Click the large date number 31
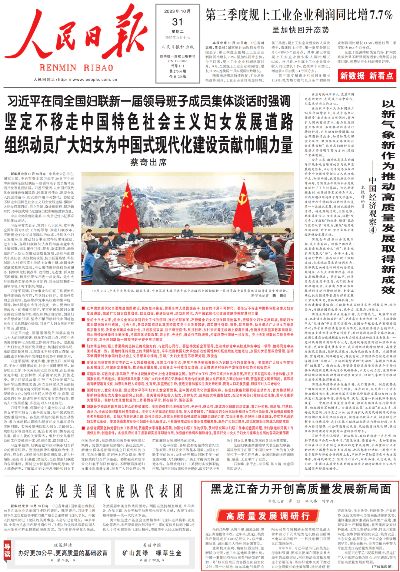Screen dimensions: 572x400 point(177,22)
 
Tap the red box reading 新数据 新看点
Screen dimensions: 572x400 point(367,76)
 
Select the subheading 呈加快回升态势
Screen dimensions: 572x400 point(301,30)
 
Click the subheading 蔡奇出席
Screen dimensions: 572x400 point(149,162)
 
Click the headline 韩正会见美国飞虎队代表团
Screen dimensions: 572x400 point(99,491)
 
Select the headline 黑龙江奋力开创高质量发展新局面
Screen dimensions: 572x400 point(301,489)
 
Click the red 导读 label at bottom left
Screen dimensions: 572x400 point(7,550)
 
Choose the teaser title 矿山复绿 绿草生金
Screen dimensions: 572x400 point(152,553)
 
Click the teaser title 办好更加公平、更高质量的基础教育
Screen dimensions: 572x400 point(63,553)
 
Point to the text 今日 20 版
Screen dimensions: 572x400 point(177,76)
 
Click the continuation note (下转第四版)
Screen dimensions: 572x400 point(382,566)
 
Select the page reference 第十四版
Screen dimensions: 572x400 point(152,560)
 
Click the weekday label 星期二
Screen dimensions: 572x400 point(177,32)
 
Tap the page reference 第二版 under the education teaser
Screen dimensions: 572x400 point(63,560)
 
